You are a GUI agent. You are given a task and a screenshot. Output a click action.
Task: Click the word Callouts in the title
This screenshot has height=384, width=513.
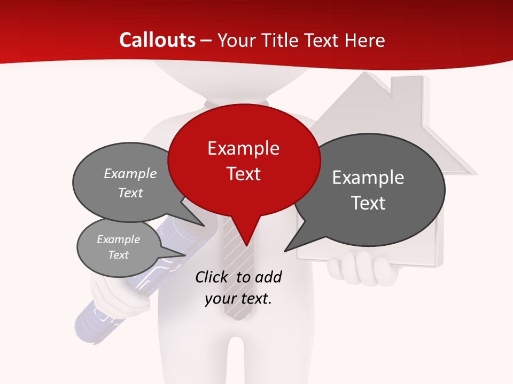click(x=157, y=41)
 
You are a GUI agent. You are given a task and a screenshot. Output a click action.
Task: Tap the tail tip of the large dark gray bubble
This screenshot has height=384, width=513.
click(x=285, y=251)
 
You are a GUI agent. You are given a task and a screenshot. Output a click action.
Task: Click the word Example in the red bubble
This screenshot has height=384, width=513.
click(x=243, y=148)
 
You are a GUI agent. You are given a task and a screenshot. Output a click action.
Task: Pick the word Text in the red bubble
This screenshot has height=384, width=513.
click(x=244, y=174)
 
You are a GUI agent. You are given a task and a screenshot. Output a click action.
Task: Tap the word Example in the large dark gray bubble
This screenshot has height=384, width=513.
click(x=368, y=178)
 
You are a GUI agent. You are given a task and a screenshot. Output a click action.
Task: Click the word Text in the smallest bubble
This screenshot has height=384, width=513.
click(x=119, y=255)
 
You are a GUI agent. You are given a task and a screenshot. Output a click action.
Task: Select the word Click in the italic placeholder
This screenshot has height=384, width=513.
click(x=212, y=277)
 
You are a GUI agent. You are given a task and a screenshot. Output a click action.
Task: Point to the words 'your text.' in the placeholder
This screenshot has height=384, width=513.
click(x=238, y=299)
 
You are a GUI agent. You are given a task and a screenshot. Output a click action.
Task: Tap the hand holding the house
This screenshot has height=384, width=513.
click(x=363, y=270)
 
